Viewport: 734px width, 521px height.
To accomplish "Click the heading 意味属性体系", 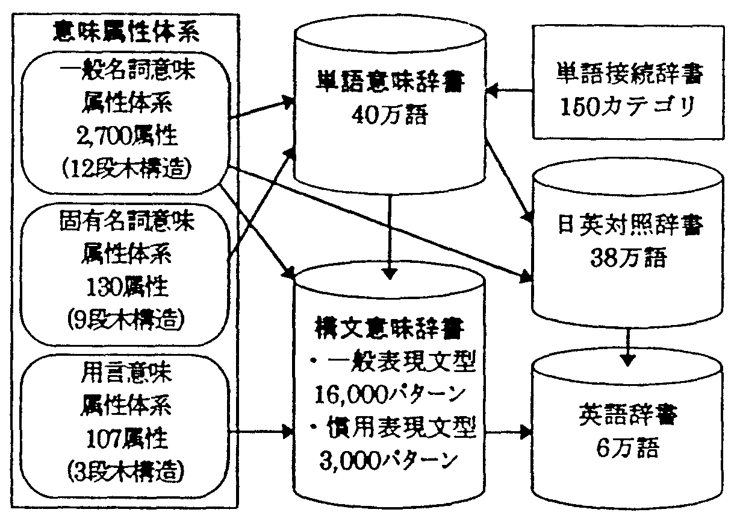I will click(x=126, y=31).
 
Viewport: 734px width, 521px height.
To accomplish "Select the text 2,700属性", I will click(x=127, y=137).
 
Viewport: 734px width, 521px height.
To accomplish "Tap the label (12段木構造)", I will click(x=126, y=168).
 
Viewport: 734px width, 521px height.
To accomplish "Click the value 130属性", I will click(x=126, y=286).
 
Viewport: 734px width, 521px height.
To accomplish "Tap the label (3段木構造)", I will click(x=126, y=468).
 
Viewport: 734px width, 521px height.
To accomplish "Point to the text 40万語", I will click(x=391, y=115).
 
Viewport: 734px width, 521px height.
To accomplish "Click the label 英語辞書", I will click(x=628, y=415).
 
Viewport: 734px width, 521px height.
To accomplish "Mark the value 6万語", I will click(x=628, y=449).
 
